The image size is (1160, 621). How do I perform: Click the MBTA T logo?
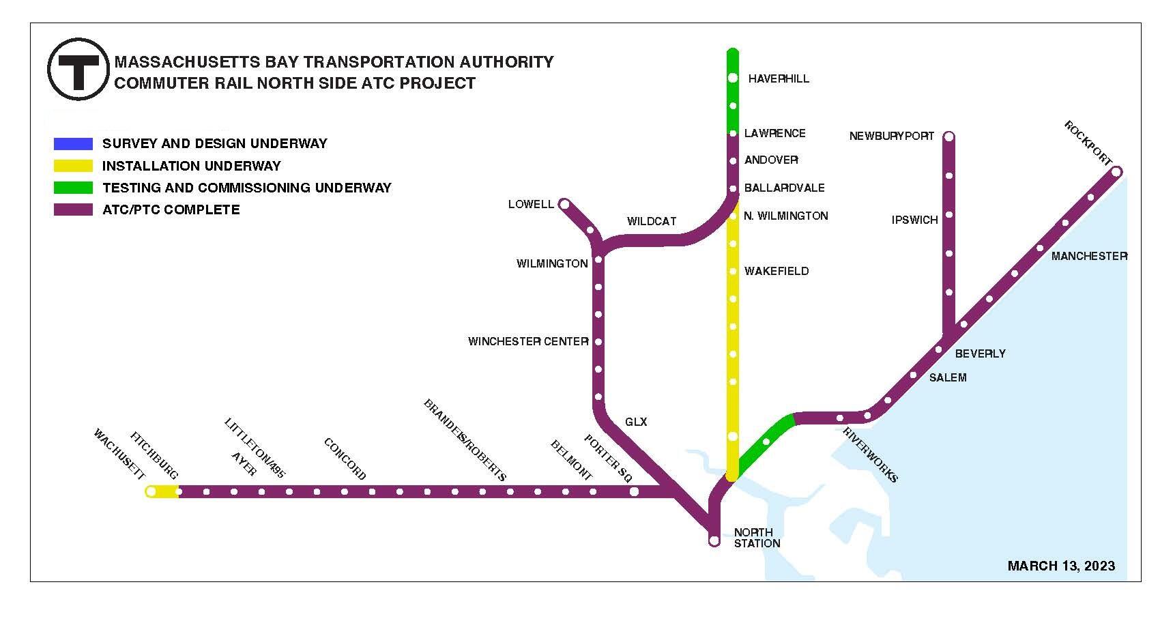coord(78,70)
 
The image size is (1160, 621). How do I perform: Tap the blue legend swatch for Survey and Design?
coord(73,143)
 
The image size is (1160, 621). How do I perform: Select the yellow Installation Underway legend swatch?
coord(73,166)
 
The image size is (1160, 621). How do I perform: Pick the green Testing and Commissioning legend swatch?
coord(73,188)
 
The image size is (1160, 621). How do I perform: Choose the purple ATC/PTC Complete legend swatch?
coord(73,210)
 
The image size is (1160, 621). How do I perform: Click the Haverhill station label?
coord(779,78)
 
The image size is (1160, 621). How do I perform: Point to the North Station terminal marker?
coord(714,540)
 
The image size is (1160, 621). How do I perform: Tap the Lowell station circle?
coord(564,204)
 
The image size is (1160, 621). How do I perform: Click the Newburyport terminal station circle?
coord(948,136)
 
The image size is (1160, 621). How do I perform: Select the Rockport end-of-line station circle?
coord(1117,171)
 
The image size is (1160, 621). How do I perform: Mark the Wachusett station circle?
coord(151,491)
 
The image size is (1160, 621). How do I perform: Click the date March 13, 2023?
coord(1061,566)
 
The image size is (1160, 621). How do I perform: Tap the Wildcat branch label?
coord(652,221)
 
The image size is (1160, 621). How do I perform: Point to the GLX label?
coord(636,422)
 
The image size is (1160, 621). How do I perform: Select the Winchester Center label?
coord(528,341)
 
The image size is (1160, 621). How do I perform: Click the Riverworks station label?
coord(870,454)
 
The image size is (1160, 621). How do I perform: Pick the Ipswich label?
coord(914,220)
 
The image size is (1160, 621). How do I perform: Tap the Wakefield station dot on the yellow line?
coord(733,272)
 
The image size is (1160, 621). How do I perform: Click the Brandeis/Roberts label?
coord(465,440)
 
